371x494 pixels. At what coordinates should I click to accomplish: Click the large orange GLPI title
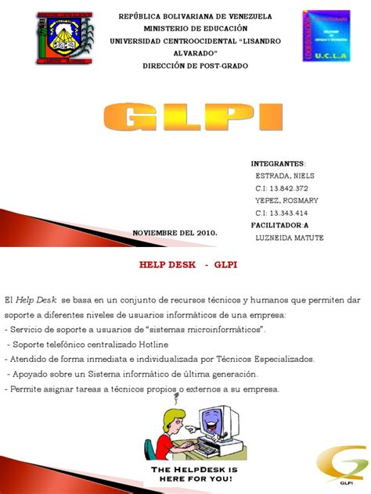pos(185,118)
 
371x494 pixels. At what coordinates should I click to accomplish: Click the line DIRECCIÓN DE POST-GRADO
pos(185,66)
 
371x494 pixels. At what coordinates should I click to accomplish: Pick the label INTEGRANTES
pos(278,163)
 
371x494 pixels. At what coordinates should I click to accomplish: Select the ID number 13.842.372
pos(281,188)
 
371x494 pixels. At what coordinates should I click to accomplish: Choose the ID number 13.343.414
pos(281,213)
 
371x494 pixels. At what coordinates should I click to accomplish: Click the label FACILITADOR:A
pos(280,225)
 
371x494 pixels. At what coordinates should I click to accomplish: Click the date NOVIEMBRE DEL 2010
pos(175,233)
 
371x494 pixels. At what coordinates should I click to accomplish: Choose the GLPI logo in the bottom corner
pos(341,467)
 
